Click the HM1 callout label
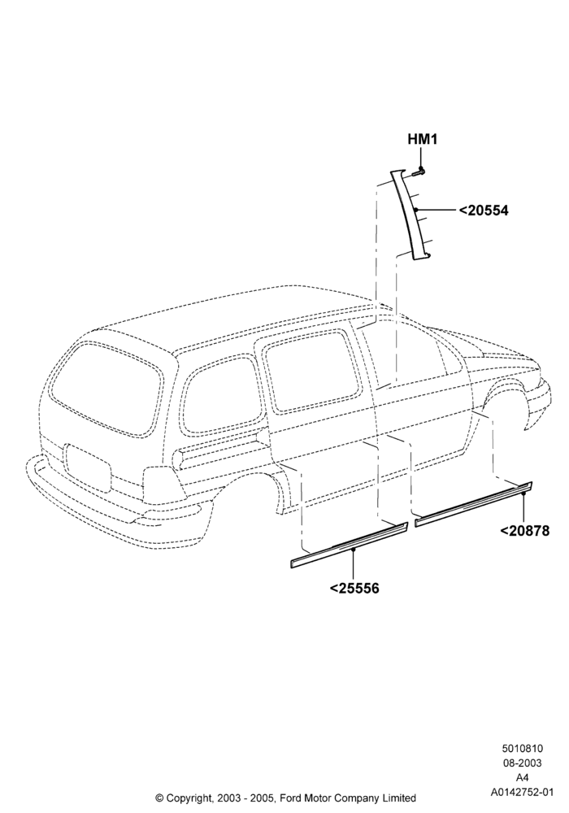[x=423, y=140]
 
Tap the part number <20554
[x=484, y=211]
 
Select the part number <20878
[x=524, y=531]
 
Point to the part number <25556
[x=354, y=589]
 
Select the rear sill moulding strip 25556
[x=349, y=546]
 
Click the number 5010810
[x=522, y=748]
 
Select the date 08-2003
[x=522, y=763]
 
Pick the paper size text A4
[x=522, y=777]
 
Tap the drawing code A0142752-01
[x=522, y=792]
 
